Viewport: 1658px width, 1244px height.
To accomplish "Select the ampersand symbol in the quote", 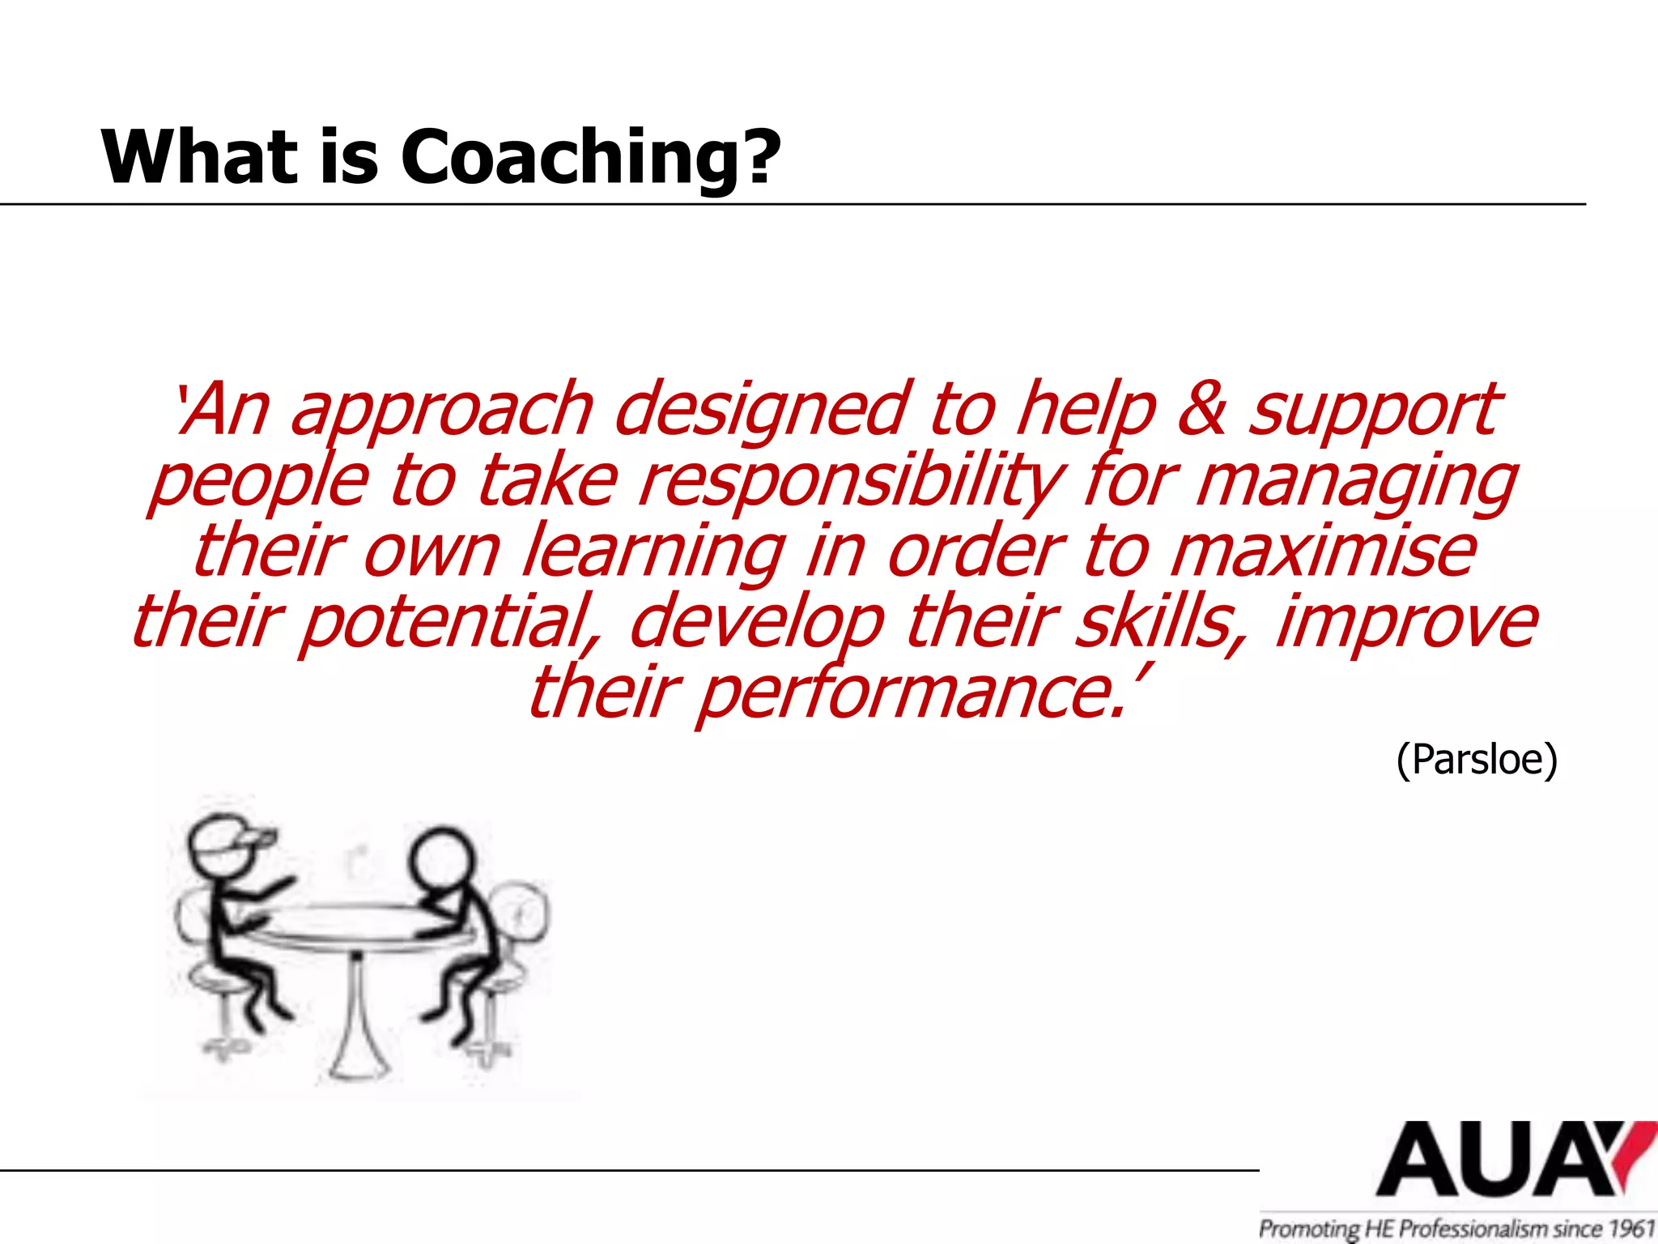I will tap(1201, 408).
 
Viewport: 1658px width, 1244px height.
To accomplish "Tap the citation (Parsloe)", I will tap(1477, 759).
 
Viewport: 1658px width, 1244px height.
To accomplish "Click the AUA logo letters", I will tap(1498, 1160).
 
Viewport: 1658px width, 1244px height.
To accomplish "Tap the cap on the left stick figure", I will tap(235, 838).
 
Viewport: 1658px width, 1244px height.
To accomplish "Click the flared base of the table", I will tap(356, 1053).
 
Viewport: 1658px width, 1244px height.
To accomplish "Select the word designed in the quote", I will tap(761, 410).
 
